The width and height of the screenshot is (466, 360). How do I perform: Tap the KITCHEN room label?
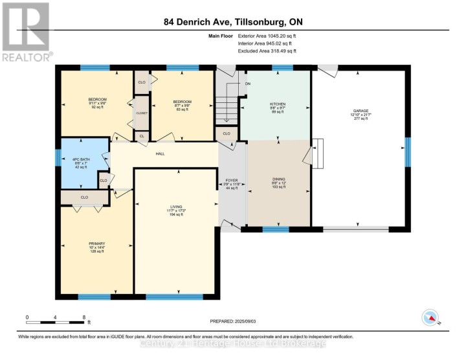tap(278, 104)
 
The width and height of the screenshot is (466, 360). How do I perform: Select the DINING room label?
tap(279, 178)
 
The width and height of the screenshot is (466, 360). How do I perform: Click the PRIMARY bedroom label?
tap(96, 244)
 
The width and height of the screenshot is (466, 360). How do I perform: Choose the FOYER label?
tap(232, 179)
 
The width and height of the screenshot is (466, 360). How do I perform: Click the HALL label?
tap(161, 153)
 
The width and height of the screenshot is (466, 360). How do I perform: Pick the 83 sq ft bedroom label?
tap(181, 102)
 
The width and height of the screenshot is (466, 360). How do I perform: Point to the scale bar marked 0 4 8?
tap(56, 321)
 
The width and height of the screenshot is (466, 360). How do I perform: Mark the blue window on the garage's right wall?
tap(407, 151)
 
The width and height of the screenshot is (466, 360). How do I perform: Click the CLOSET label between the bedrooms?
tap(141, 113)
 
